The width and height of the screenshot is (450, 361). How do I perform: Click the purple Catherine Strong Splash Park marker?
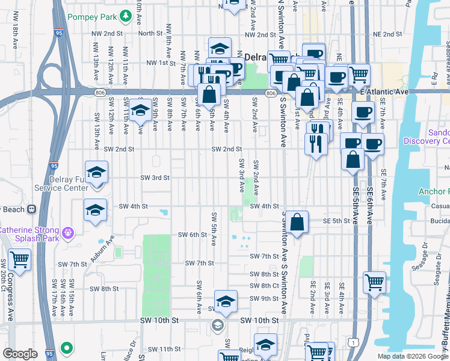pyautogui.click(x=67, y=232)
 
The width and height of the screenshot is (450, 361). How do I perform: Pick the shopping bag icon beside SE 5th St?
pyautogui.click(x=297, y=222)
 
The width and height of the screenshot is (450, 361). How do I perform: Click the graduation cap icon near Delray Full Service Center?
pyautogui.click(x=96, y=173)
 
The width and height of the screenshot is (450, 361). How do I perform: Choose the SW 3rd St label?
pyautogui.click(x=155, y=177)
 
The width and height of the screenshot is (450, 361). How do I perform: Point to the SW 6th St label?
pyautogui.click(x=192, y=235)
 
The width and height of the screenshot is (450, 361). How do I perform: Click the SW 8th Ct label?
pyautogui.click(x=266, y=286)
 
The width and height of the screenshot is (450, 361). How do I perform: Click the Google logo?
pyautogui.click(x=20, y=354)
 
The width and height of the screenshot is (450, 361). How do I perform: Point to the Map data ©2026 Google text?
pyautogui.click(x=413, y=356)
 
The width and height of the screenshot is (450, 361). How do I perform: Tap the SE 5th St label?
pyautogui.click(x=336, y=221)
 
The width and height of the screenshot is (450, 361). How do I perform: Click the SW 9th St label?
pyautogui.click(x=266, y=298)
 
